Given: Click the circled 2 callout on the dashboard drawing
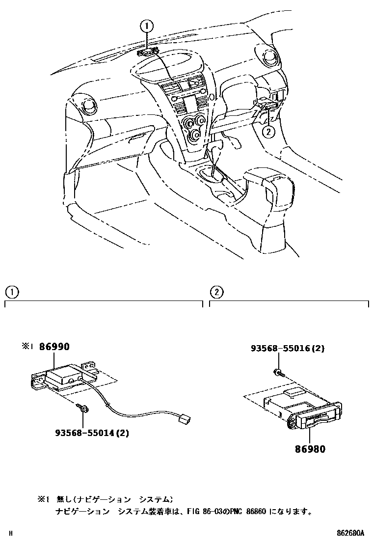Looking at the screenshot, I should point(268,131).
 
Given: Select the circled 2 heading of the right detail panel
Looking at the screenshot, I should point(216,292).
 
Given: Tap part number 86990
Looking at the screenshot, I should point(54,347).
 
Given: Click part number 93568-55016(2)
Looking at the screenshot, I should point(288,349).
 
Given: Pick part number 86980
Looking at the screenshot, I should point(310,448).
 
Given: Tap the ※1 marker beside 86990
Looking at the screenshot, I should point(27,347).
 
